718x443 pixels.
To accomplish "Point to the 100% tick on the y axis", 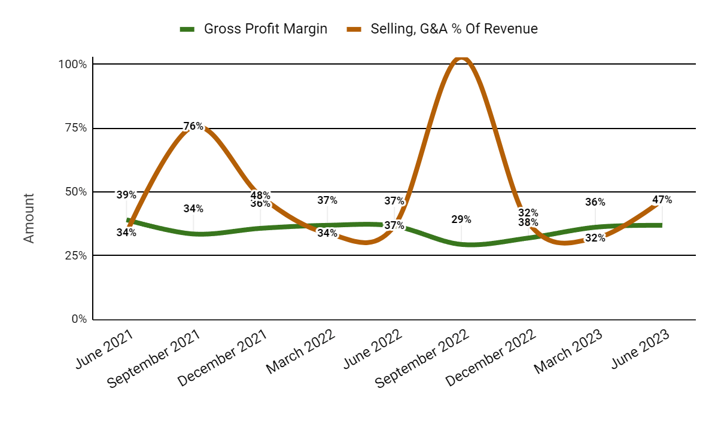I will pos(72,64).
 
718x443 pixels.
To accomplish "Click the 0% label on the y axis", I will pos(79,319).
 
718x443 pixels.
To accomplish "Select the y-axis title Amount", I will pos(29,218).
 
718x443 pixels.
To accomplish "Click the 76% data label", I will pos(193,126).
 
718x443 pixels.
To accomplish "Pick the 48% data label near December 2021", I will pos(260,195).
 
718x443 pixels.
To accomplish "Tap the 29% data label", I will pos(461,219).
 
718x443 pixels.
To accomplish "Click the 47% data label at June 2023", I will pos(662,200).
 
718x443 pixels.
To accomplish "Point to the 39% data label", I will pos(126,195).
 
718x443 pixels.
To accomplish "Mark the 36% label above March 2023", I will pos(595,202).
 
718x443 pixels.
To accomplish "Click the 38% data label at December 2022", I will pos(528,222).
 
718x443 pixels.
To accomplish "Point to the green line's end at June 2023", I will pos(661,225).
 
